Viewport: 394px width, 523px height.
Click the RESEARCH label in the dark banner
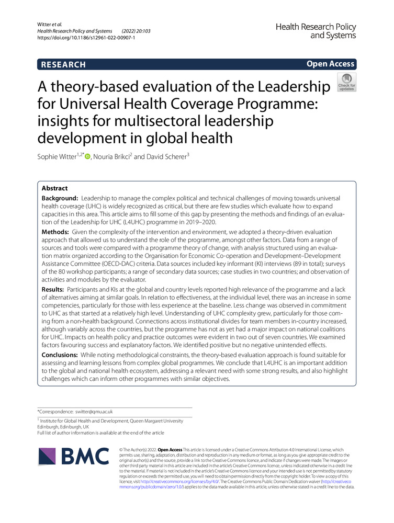tap(62, 64)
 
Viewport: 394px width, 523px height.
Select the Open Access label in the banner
tap(330, 64)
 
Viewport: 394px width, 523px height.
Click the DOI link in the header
tap(86, 38)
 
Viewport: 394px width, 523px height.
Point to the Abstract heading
tap(54, 189)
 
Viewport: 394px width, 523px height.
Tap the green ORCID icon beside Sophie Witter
tap(87, 156)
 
